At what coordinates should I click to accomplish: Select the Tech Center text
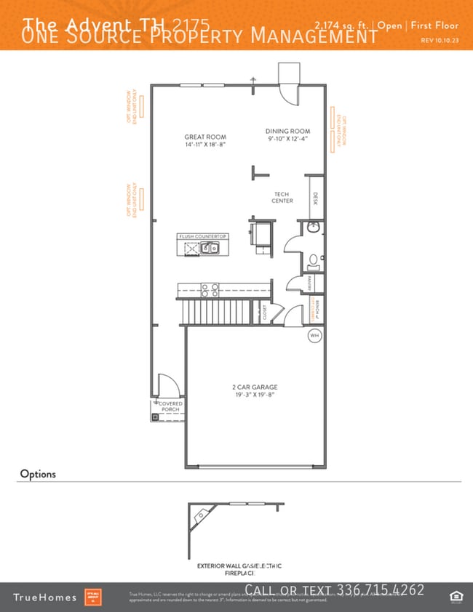point(282,197)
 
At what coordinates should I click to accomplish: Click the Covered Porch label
point(171,406)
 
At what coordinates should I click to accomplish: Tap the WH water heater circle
point(314,336)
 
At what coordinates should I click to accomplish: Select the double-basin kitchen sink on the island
point(210,249)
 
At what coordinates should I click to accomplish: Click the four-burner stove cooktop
point(210,289)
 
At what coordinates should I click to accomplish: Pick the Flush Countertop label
point(203,236)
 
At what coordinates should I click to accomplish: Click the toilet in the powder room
point(313,259)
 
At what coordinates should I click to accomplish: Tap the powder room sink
point(313,228)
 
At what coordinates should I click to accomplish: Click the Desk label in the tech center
point(315,198)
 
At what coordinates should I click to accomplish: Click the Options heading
point(38,474)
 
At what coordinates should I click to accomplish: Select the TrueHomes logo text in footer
point(44,597)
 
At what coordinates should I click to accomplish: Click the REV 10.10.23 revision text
point(440,41)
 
